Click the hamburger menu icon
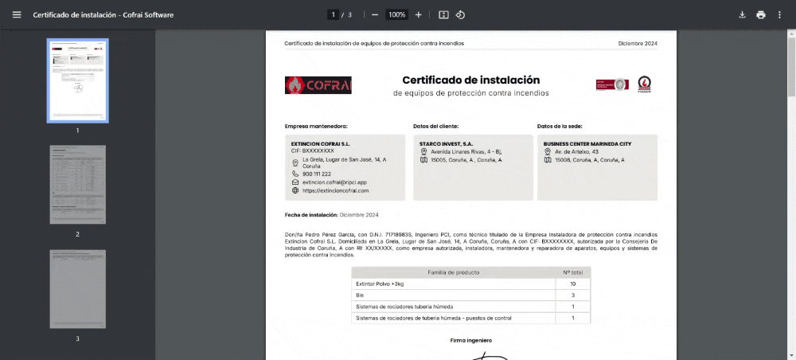[17, 14]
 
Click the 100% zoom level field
[396, 14]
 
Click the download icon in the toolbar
[742, 14]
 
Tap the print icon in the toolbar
[761, 14]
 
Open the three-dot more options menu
[779, 14]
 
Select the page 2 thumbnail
[77, 184]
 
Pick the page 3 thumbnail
[77, 289]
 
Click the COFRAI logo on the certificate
[318, 85]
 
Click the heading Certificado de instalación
[470, 80]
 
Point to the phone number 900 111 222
[316, 174]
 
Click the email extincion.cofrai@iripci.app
[334, 182]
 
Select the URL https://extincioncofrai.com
[335, 191]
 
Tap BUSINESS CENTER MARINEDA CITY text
[587, 143]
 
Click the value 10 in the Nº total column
[572, 284]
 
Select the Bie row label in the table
[361, 295]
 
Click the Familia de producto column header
[453, 272]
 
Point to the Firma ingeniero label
[470, 340]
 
